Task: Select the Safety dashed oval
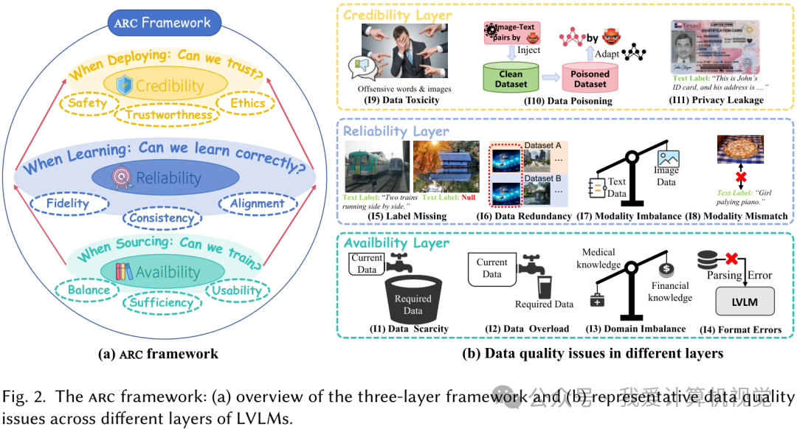coord(87,103)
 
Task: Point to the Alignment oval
coord(252,203)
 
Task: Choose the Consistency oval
coord(161,217)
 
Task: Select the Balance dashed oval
coord(88,290)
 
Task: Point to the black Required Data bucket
coord(413,302)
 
